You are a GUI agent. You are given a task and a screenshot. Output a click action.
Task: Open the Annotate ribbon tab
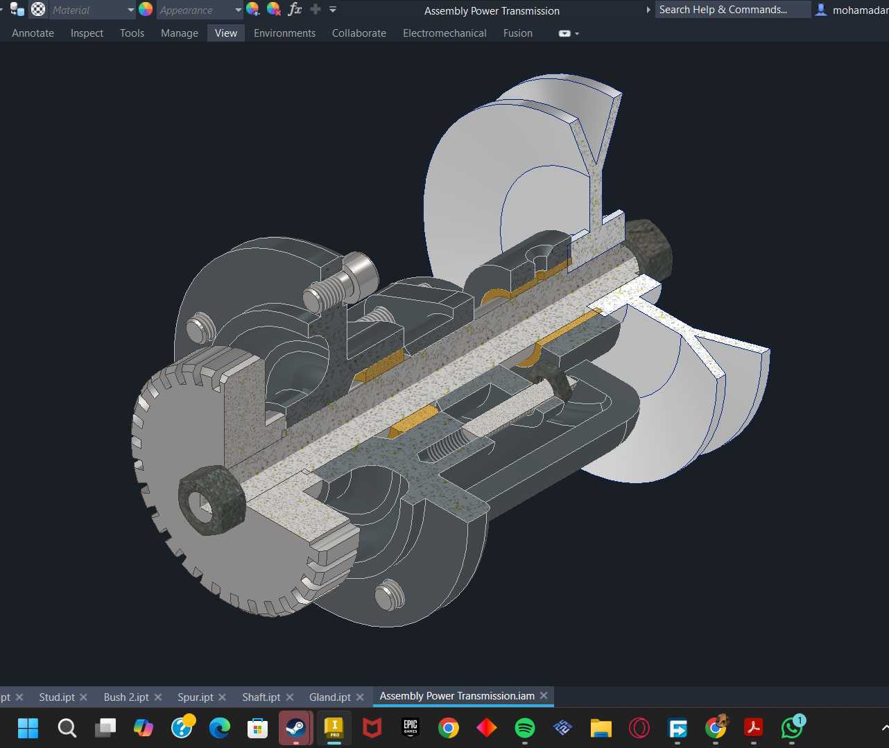(x=33, y=33)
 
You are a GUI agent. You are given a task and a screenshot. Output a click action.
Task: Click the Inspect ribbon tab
(x=87, y=33)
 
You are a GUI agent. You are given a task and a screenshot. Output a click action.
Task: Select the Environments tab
(x=284, y=33)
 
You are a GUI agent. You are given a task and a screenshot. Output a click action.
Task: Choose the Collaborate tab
(x=359, y=33)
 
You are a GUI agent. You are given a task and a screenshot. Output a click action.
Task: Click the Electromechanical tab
(x=444, y=33)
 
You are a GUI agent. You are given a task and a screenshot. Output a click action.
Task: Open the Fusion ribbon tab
(x=518, y=33)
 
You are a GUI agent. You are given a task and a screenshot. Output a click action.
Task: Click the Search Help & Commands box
(x=732, y=10)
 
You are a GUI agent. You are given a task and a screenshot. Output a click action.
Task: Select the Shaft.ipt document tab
(x=261, y=697)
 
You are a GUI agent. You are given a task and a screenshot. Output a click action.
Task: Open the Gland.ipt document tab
(x=330, y=697)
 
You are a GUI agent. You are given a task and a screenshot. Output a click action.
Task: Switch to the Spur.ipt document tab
(x=196, y=697)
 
